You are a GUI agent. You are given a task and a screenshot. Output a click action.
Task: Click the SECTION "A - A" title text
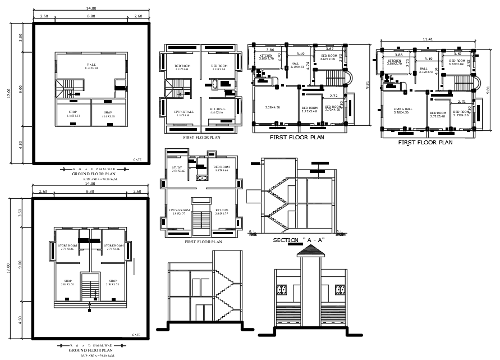click(298, 240)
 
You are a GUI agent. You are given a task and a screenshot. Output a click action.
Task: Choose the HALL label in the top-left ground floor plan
click(91, 65)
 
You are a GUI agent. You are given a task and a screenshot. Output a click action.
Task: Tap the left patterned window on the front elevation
click(282, 291)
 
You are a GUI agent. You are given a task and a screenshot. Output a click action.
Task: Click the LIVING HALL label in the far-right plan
click(403, 109)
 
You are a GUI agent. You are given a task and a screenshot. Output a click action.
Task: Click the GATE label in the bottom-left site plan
click(136, 335)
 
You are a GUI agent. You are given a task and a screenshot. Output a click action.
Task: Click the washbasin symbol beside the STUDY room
click(201, 177)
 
